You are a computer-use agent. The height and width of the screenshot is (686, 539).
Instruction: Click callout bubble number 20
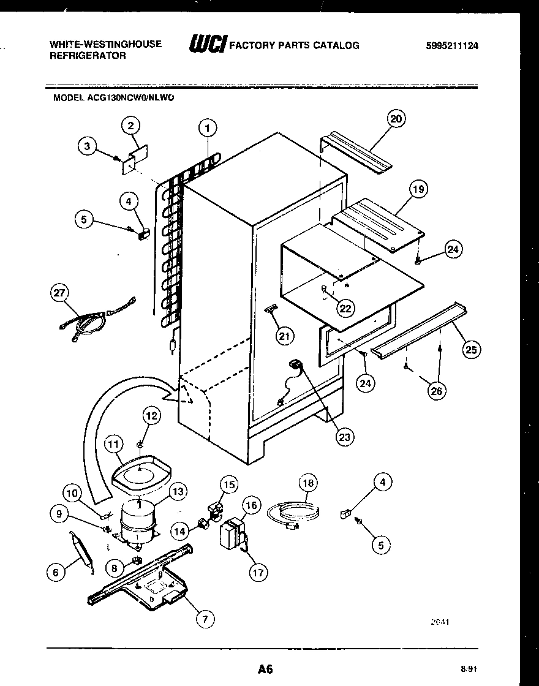[x=396, y=119]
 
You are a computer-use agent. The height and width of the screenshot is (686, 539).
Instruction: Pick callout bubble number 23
[x=345, y=437]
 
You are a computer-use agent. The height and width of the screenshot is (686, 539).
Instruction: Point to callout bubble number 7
[x=206, y=619]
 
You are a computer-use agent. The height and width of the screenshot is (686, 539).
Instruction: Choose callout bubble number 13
[x=178, y=491]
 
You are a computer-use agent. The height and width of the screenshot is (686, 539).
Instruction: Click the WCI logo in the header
[x=208, y=45]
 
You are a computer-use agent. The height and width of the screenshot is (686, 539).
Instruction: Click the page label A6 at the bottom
[x=265, y=669]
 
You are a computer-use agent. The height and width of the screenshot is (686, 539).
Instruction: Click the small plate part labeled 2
[x=135, y=157]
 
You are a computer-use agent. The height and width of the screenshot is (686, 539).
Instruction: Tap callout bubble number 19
[x=418, y=189]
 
